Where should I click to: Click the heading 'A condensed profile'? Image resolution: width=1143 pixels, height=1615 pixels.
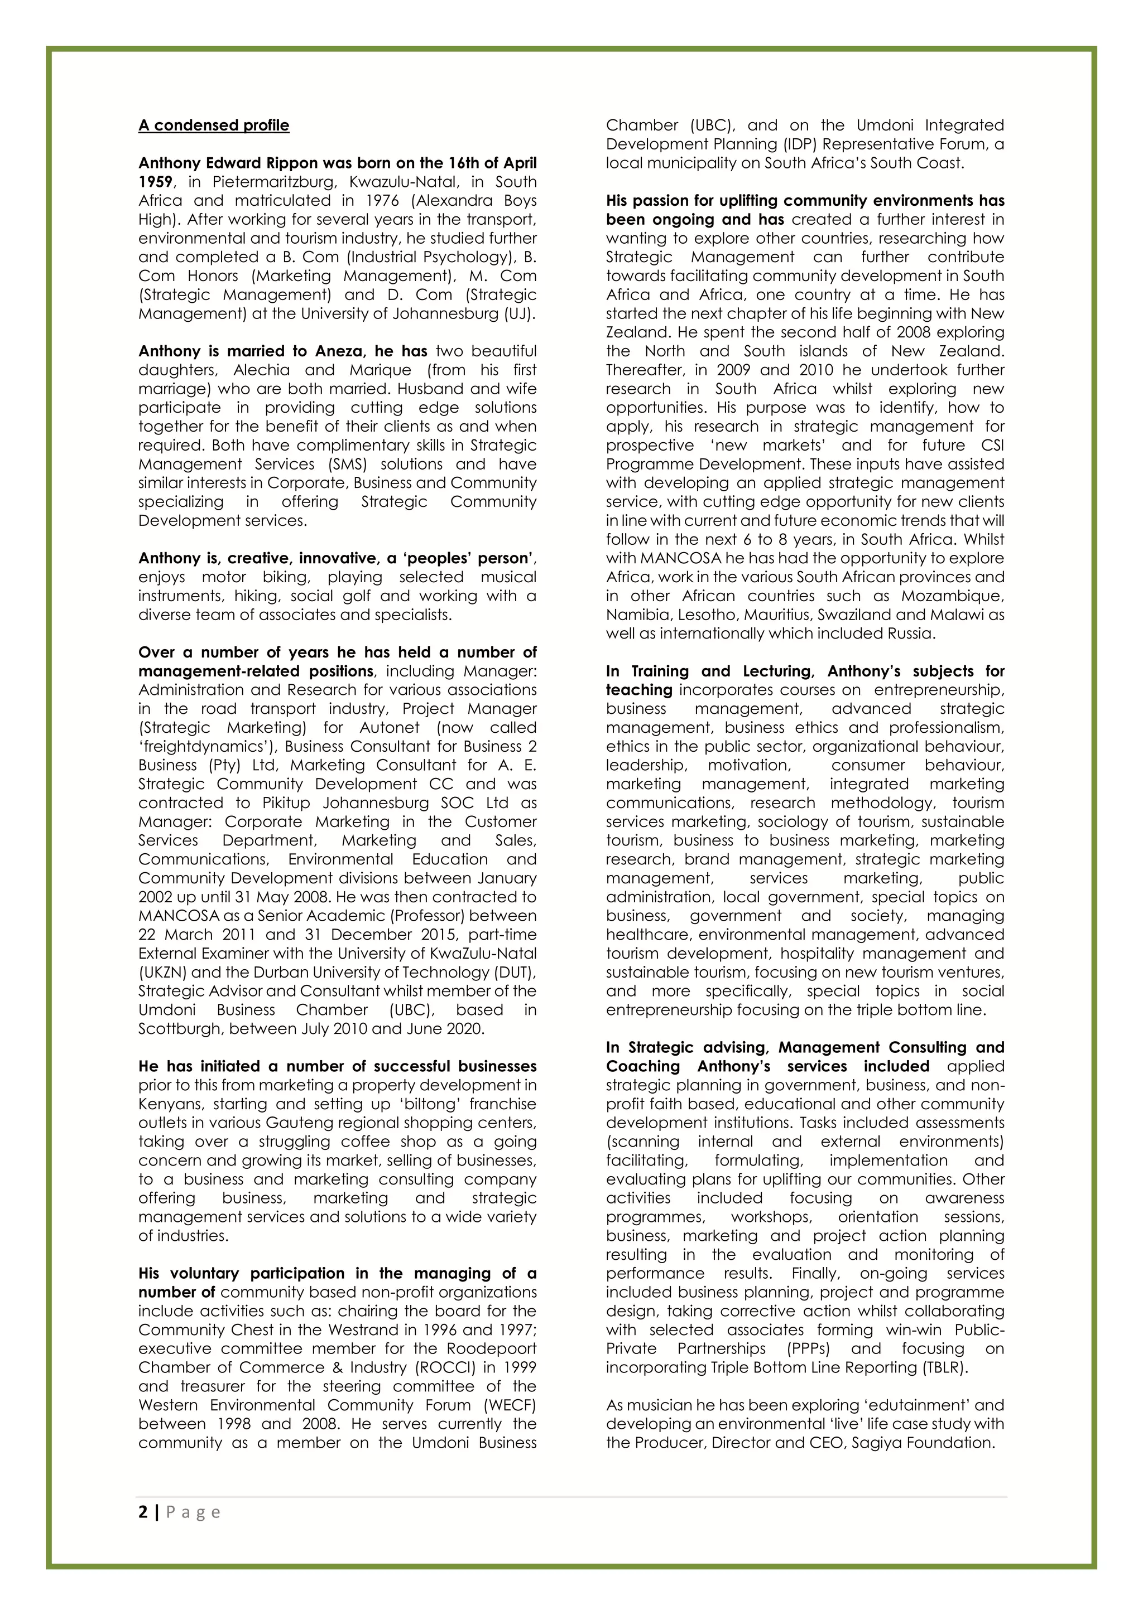click(x=213, y=125)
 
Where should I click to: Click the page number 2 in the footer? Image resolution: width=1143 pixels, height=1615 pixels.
click(x=143, y=1512)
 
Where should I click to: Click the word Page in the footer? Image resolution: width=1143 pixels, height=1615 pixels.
click(x=194, y=1512)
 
